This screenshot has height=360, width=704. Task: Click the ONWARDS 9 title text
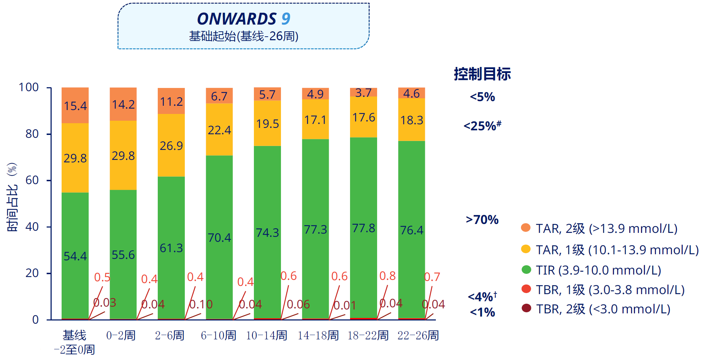coord(244,19)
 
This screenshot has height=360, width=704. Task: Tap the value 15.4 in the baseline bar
coord(75,106)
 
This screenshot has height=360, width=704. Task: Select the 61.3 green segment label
coord(171,248)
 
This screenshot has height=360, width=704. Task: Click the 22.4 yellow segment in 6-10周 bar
coord(219,130)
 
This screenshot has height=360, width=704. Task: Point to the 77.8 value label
coord(364,228)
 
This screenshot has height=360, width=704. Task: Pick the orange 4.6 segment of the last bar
coord(412,93)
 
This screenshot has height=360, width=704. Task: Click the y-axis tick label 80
coord(32,134)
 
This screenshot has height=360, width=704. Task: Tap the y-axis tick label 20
coord(32,273)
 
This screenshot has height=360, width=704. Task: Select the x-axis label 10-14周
coord(267,335)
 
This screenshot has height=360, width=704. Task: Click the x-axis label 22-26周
coord(418,335)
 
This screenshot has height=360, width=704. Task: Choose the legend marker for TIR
coord(526,270)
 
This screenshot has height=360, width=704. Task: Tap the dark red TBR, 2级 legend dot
coord(526,308)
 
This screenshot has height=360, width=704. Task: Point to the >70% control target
coord(482,220)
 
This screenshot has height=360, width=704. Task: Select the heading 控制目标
coord(482,74)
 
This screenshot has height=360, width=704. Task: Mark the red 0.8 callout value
coord(387,276)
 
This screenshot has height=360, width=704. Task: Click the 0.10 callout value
coord(201,304)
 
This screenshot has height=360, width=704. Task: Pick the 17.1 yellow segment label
coord(316,120)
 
